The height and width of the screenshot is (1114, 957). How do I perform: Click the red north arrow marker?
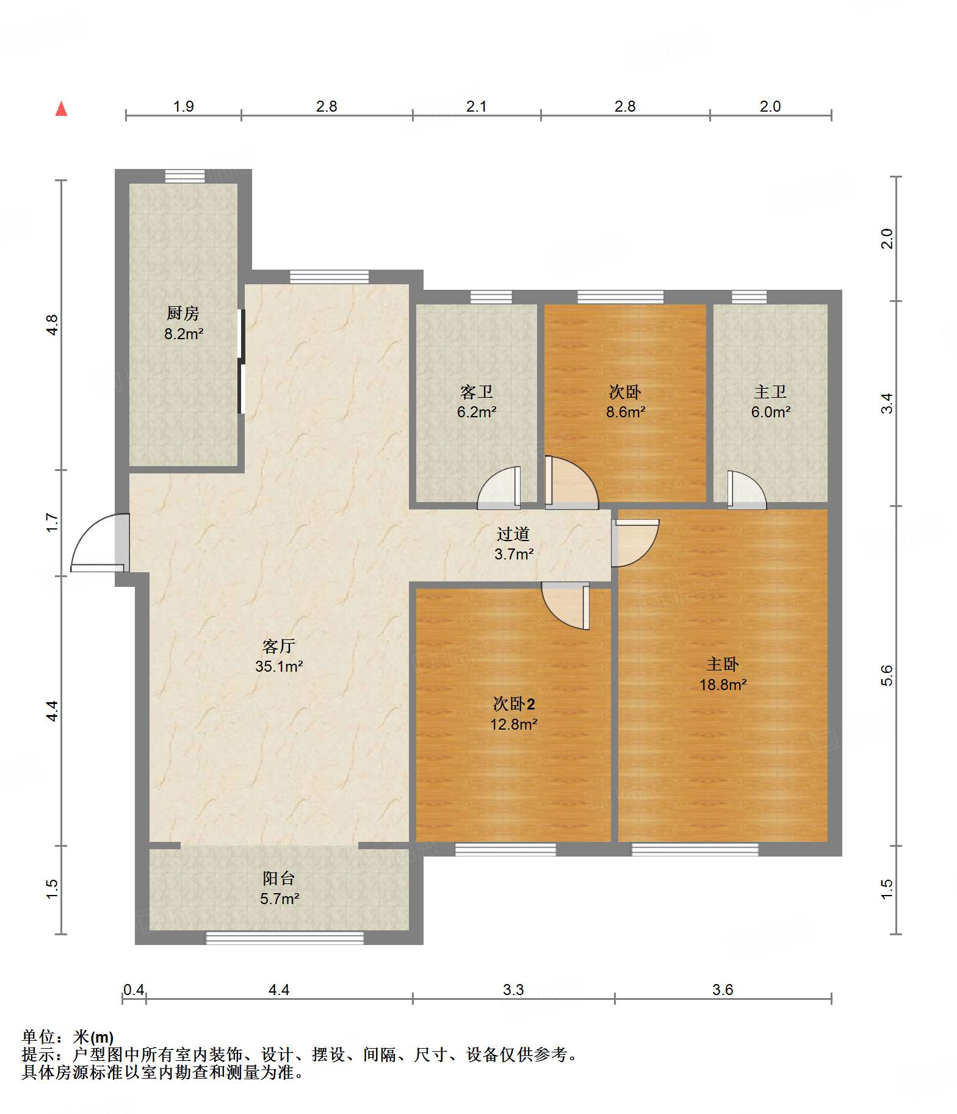62,109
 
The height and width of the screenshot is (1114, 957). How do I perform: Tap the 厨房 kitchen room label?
183,314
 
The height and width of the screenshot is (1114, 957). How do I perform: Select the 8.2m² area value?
183,334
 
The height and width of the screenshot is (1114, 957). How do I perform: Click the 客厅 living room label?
279,646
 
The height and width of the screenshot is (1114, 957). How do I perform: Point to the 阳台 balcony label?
279,879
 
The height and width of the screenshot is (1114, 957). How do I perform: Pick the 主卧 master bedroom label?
723,664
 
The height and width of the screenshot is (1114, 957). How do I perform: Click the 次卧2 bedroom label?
514,704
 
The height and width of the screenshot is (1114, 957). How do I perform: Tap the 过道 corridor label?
513,534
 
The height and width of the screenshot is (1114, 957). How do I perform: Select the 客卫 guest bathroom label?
477,392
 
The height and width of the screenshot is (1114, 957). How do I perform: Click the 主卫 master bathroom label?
770,392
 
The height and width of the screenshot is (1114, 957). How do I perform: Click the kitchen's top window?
185,176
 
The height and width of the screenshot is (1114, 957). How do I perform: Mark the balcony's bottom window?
284,938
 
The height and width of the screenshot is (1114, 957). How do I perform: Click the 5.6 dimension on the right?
887,675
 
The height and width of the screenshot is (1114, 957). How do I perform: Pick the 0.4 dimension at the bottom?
134,990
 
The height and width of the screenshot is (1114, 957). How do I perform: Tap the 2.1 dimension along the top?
477,107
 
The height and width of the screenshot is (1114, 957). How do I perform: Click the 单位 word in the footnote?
38,1037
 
